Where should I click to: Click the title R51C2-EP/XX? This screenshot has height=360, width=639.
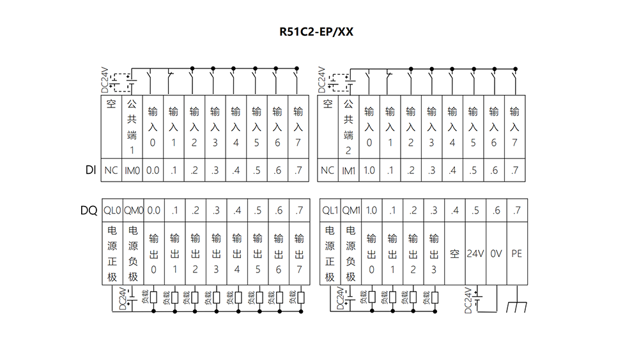tap(316, 32)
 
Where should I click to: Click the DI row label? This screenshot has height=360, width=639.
tap(91, 170)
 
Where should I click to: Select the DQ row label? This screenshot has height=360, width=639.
tap(89, 210)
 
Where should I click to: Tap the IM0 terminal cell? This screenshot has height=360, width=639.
tap(132, 170)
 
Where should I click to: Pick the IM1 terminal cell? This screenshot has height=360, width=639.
tap(348, 170)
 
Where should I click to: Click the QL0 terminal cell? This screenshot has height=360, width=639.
tap(112, 210)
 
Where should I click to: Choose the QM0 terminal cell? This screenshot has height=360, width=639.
tap(134, 210)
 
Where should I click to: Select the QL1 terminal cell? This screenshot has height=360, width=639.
tap(330, 210)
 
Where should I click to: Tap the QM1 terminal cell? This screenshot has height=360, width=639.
tap(351, 210)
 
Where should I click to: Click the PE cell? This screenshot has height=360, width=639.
tap(517, 254)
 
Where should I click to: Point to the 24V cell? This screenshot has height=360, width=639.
tap(475, 254)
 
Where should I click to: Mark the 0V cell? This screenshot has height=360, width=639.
tap(496, 254)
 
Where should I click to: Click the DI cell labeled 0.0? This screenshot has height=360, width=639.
tap(153, 170)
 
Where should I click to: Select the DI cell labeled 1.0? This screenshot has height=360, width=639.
tap(369, 170)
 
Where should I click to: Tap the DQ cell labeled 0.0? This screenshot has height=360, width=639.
tap(154, 210)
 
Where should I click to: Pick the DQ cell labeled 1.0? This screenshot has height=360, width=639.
tap(372, 210)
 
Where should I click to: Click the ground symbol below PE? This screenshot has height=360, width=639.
tap(517, 306)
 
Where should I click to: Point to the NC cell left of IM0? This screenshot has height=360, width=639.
tap(111, 170)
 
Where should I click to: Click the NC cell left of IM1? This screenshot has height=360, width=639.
tap(328, 170)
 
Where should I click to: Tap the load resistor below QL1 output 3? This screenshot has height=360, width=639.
tap(435, 297)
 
